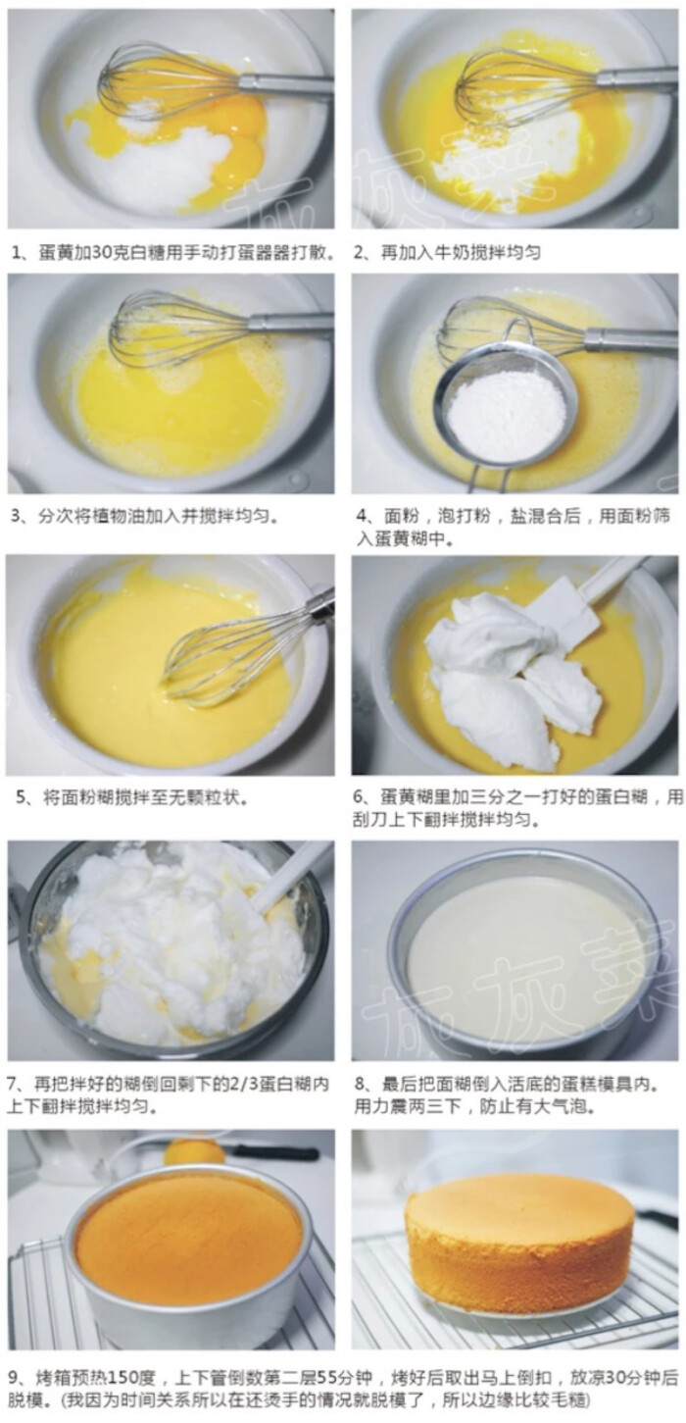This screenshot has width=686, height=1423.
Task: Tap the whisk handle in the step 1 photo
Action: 286,83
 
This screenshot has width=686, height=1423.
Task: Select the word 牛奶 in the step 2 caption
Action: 450,252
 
